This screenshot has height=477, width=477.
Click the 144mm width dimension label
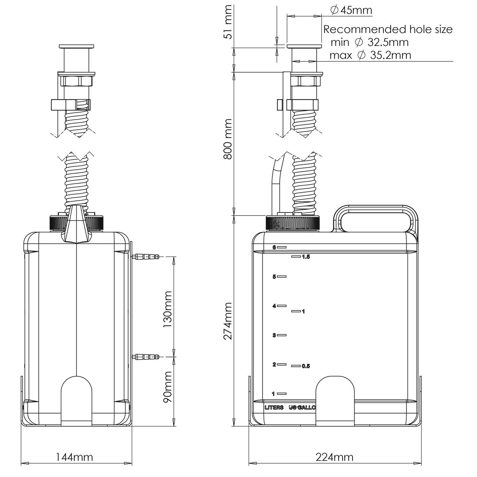coord(74,457)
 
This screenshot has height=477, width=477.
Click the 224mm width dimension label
coord(334,457)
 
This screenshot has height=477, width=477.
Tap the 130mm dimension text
coord(167,307)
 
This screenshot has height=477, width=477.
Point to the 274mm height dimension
coord(228,321)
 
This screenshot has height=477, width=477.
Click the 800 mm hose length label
coord(228,139)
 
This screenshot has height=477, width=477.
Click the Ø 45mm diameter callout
coord(351,10)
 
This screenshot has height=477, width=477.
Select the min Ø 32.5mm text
coord(370,42)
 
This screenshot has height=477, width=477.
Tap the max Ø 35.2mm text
coord(370,55)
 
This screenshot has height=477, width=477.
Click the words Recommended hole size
coord(388,29)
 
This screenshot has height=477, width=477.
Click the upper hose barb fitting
coord(147,256)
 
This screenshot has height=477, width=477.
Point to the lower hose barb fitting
coord(147,357)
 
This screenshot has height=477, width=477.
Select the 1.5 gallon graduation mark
coord(301,257)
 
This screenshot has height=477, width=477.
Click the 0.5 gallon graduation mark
coord(301,366)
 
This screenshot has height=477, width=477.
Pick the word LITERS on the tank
coord(274,407)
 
